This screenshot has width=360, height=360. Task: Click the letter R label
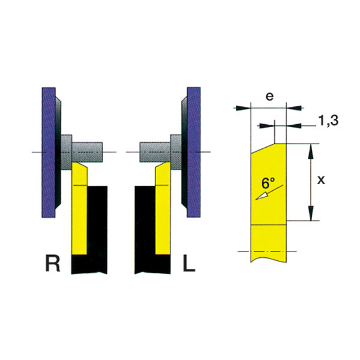pyautogui.click(x=53, y=263)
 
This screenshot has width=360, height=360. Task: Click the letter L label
pyautogui.click(x=189, y=263)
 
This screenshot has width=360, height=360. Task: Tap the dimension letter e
pyautogui.click(x=269, y=97)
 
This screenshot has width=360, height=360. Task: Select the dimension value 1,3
pyautogui.click(x=328, y=121)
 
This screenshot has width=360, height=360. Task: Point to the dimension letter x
pyautogui.click(x=321, y=180)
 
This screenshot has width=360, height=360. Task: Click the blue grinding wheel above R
pyautogui.click(x=49, y=152)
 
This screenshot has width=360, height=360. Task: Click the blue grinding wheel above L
pyautogui.click(x=194, y=152)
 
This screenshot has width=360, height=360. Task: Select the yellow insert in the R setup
pyautogui.click(x=79, y=208)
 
